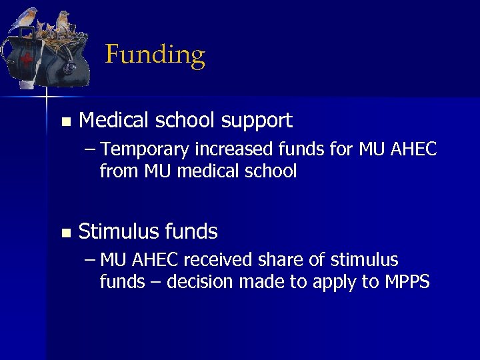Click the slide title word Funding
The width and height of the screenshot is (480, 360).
click(x=155, y=55)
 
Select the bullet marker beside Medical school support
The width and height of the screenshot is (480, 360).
click(x=65, y=122)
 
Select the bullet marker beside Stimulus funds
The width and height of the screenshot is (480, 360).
click(x=65, y=233)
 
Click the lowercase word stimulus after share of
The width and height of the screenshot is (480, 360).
click(x=365, y=259)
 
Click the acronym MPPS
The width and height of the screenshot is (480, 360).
click(x=407, y=282)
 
